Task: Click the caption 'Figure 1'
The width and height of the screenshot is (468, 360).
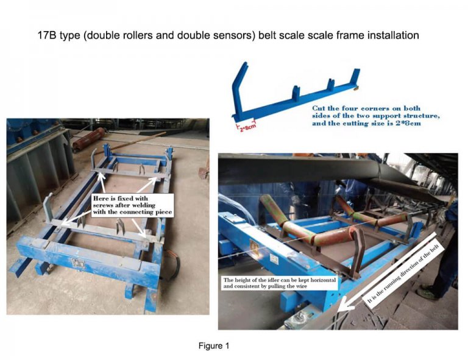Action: [213, 346]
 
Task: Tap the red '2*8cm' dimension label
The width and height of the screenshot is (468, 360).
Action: [247, 127]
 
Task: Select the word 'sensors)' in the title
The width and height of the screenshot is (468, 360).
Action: [243, 35]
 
